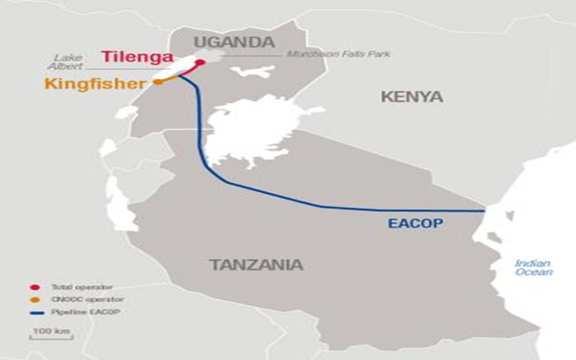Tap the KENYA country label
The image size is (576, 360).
(412, 96)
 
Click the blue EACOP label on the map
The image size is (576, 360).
(415, 224)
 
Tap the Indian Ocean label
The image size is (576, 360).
(534, 268)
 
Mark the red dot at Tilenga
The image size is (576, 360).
(201, 62)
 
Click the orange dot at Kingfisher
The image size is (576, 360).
(157, 82)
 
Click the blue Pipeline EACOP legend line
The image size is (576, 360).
(36, 310)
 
